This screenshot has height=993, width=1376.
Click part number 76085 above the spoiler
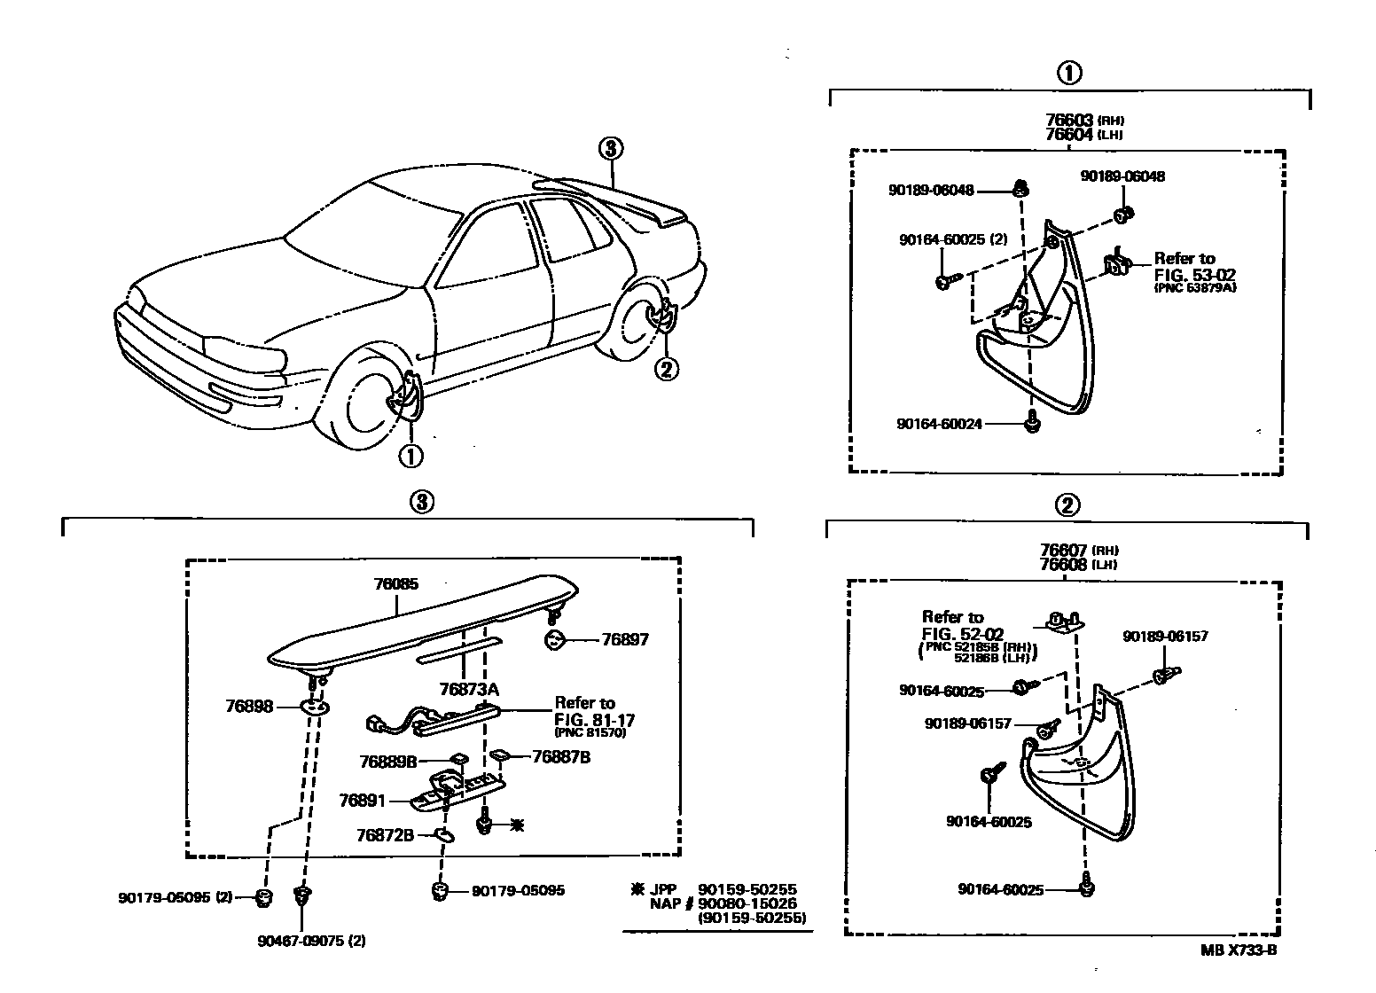pos(395,584)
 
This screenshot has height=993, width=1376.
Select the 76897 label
pos(625,639)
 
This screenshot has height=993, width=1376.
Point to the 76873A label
pos(469,689)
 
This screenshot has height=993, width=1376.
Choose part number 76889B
pos(388,761)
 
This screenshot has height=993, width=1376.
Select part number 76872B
pos(385,834)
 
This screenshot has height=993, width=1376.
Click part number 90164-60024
pos(939,424)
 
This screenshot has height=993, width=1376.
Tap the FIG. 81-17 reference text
pos(594,719)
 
